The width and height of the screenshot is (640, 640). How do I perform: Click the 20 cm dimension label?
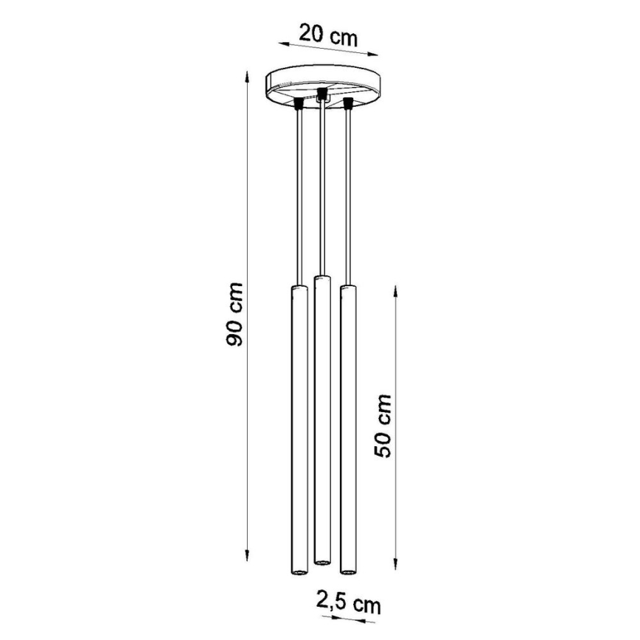pyautogui.click(x=327, y=35)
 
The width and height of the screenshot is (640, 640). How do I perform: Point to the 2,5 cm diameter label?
pyautogui.click(x=349, y=604)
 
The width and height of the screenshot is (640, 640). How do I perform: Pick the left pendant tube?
pyautogui.click(x=296, y=428)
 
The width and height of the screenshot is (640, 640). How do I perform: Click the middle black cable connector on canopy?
pyautogui.click(x=321, y=94)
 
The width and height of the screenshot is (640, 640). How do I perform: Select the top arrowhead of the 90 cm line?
pyautogui.click(x=247, y=74)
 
